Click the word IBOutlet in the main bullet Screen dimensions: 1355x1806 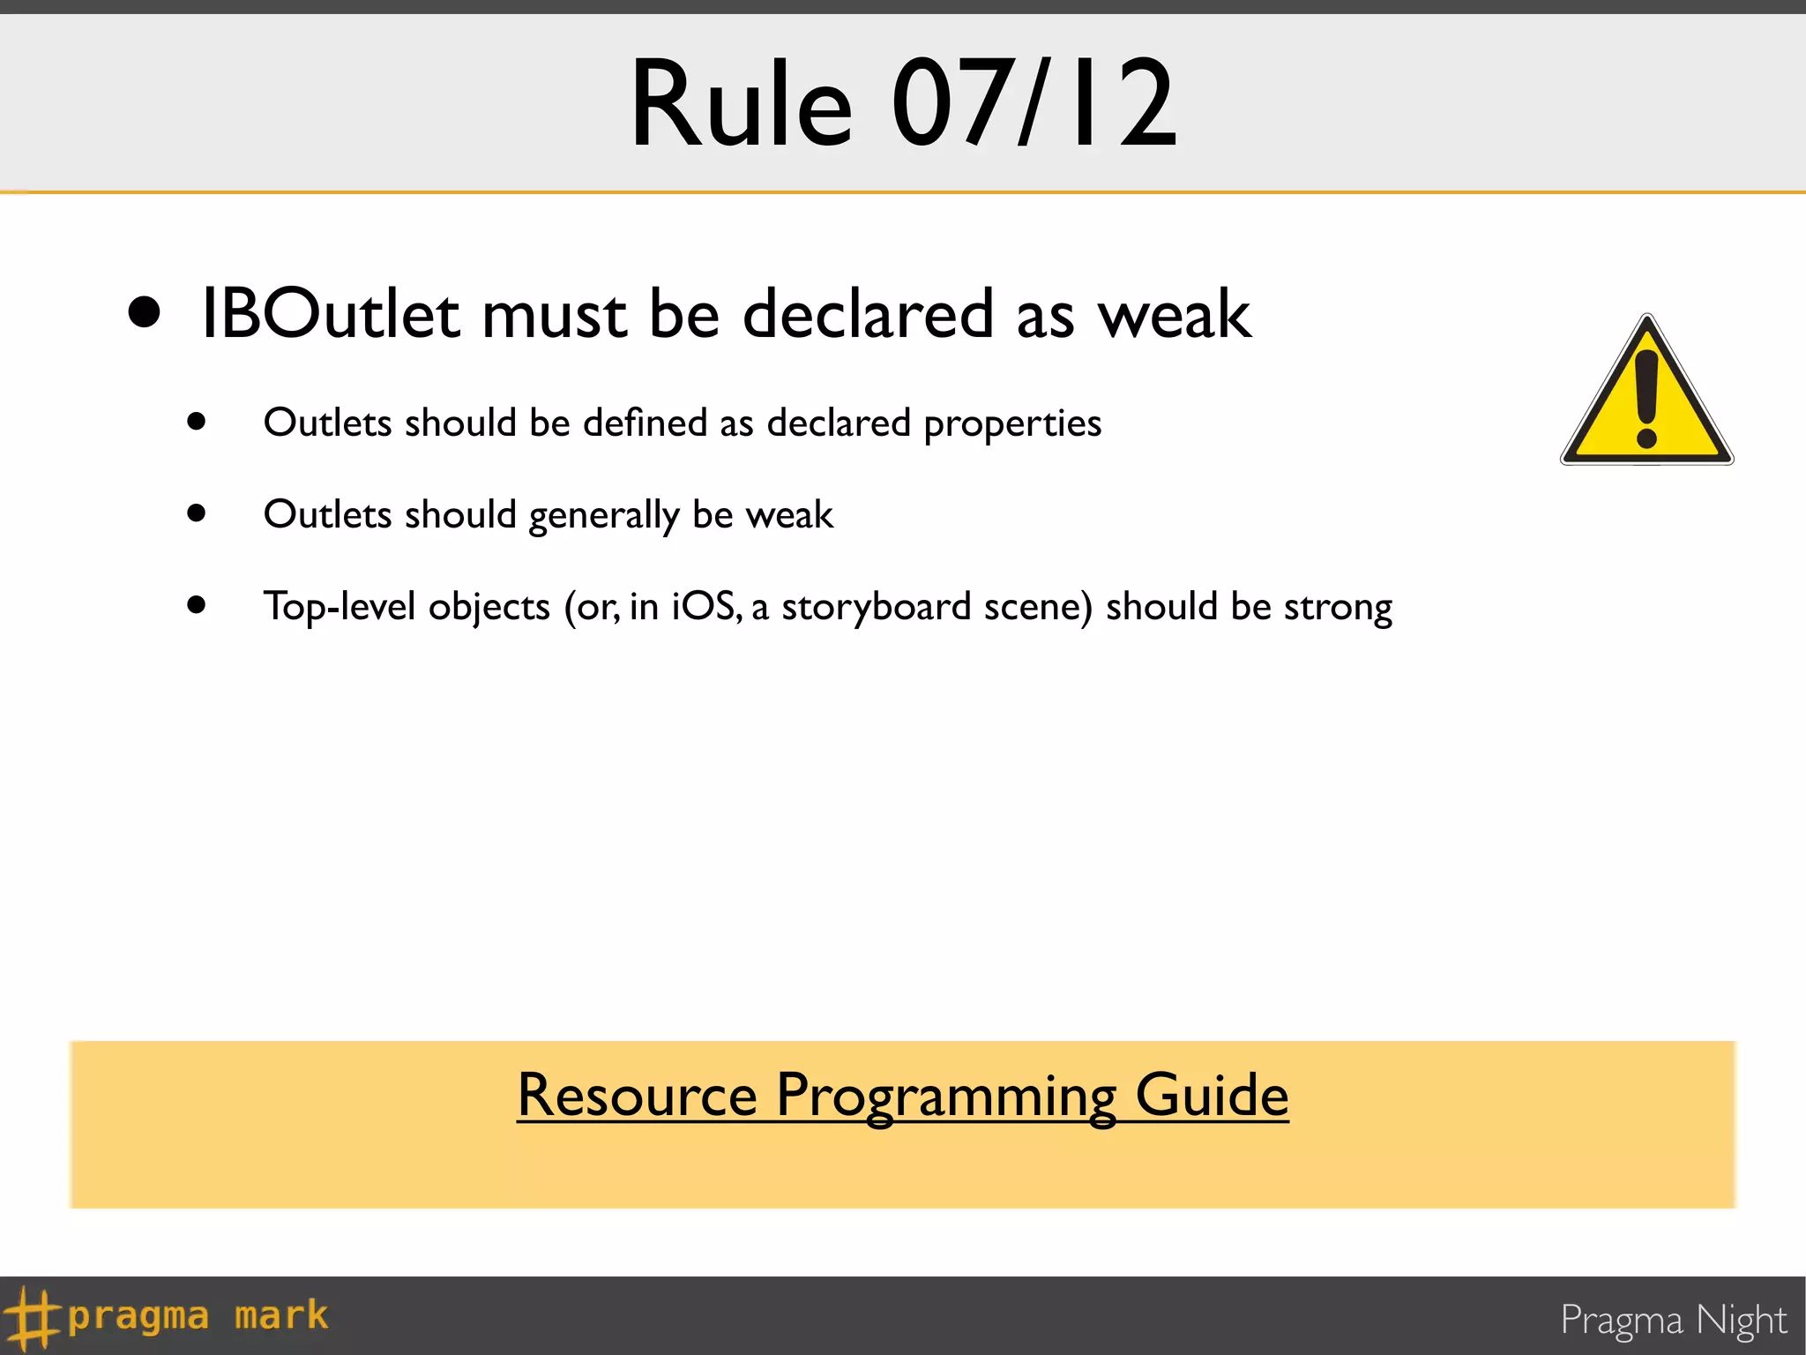(330, 314)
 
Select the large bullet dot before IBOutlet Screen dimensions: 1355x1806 (145, 312)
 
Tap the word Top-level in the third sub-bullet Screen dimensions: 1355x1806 (339, 608)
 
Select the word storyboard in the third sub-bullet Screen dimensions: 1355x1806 (876, 608)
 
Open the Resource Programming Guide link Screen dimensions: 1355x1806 (902, 1096)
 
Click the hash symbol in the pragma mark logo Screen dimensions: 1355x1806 (32, 1317)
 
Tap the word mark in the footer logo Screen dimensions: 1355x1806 (281, 1316)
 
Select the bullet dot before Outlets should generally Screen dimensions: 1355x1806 (197, 513)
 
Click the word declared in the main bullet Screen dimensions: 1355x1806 (868, 315)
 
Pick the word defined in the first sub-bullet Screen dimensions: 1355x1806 (645, 423)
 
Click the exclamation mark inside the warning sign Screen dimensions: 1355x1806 (1646, 397)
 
